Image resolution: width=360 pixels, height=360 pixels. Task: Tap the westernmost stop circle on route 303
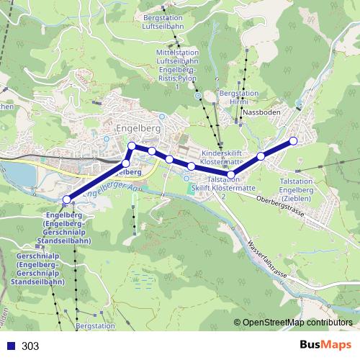pos(67,199)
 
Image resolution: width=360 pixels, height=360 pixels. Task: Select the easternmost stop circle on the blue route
pos(293,141)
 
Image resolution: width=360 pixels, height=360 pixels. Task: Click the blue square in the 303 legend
pos(9,346)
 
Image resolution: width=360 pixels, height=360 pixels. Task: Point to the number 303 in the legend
pos(30,346)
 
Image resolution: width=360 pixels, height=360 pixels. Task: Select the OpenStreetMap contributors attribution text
pos(297,323)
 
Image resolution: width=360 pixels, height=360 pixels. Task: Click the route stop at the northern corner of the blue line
pos(132,147)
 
